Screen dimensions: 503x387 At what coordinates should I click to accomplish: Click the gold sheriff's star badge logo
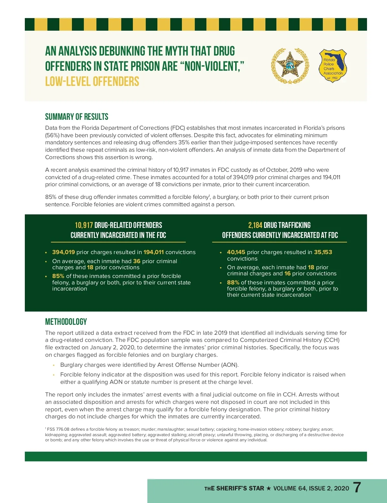pos(290,66)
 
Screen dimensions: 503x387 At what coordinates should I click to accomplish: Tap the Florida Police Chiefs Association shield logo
pos(332,66)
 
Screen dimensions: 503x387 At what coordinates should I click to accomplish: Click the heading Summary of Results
pos(77,117)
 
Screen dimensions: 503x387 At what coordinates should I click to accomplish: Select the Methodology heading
pos(66,322)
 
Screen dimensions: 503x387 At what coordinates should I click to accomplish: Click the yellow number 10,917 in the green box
pos(84,225)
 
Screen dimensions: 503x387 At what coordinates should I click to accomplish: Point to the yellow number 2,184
pos(255,225)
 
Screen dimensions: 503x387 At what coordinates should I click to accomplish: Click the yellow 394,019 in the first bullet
pos(64,252)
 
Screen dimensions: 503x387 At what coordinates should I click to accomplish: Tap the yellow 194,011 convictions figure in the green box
pos(154,252)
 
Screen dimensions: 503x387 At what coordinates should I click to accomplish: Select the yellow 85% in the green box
pos(58,276)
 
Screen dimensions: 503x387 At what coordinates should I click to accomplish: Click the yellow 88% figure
pos(233,282)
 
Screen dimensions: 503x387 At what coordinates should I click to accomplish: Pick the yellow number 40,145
pos(236,252)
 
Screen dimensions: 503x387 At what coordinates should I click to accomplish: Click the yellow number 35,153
pos(323,252)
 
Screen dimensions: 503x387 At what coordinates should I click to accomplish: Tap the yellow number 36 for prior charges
pos(137,261)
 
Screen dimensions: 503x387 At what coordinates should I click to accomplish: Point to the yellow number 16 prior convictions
pos(287,273)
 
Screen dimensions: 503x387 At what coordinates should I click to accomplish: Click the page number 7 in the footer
pos(357,488)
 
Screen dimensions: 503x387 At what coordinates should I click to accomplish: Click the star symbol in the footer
pos(269,488)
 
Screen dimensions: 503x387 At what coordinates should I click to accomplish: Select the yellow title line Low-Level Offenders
pos(92,81)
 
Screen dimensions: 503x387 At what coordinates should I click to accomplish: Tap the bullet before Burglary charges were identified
pos(54,365)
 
